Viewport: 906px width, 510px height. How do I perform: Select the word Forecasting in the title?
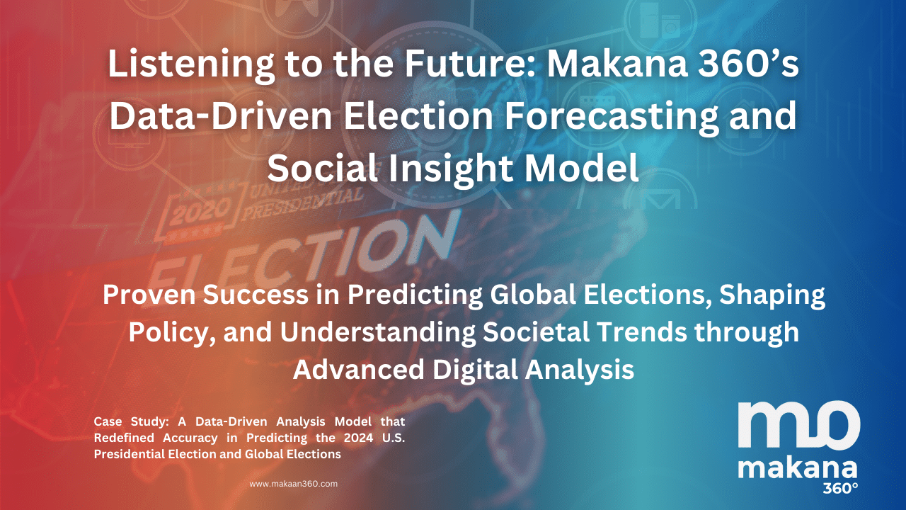(x=611, y=118)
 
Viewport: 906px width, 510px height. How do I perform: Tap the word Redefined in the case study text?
(x=124, y=438)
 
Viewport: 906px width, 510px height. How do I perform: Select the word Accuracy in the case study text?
(x=190, y=438)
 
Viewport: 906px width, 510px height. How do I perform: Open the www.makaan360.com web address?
(x=293, y=484)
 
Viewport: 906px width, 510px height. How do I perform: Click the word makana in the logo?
(x=797, y=470)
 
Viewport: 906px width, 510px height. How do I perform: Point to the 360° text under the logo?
(x=840, y=488)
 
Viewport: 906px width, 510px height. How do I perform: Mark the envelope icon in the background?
(x=660, y=200)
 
